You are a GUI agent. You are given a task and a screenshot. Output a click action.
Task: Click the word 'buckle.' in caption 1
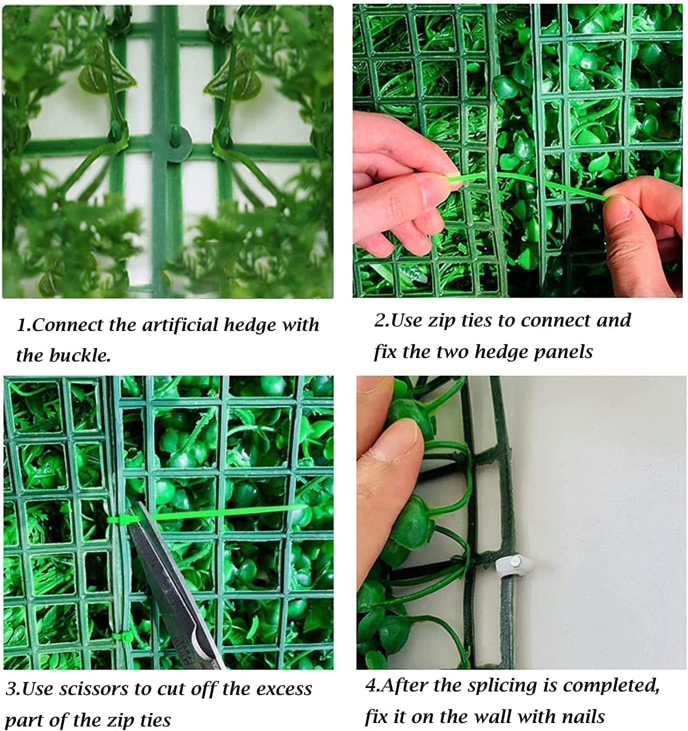pyautogui.click(x=80, y=355)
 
